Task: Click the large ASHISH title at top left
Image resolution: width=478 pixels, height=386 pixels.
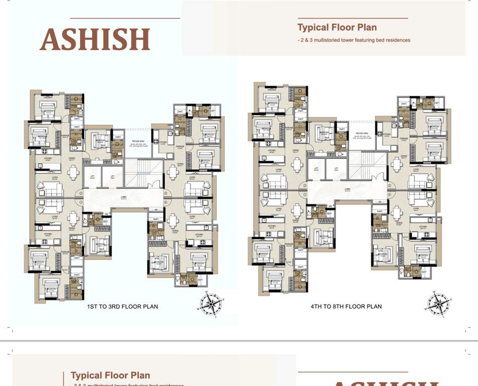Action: pyautogui.click(x=95, y=39)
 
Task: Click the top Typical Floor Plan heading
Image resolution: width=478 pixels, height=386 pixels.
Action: pyautogui.click(x=337, y=28)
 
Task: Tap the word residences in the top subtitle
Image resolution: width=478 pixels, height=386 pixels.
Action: pyautogui.click(x=396, y=40)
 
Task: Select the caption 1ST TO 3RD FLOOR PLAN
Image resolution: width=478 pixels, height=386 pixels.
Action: pyautogui.click(x=122, y=307)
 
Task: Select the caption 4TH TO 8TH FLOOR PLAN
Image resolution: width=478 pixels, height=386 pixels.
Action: pyautogui.click(x=346, y=307)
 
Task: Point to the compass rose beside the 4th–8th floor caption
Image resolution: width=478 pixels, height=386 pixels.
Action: pyautogui.click(x=438, y=303)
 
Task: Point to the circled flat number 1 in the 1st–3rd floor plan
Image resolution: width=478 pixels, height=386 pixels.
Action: pyautogui.click(x=80, y=203)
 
